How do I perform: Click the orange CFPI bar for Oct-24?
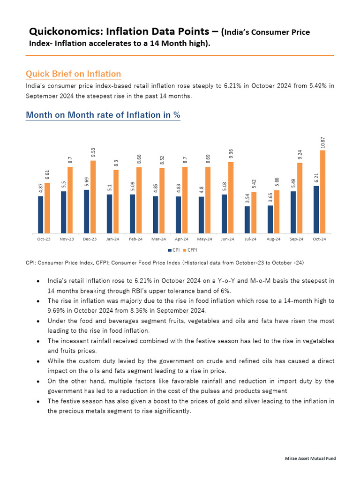tap(322, 192)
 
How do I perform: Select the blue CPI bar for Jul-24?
tap(247, 220)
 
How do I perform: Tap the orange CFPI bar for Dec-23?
tap(93, 197)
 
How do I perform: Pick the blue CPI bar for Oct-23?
tap(40, 215)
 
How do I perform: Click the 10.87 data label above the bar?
tap(322, 142)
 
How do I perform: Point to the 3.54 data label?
tap(247, 199)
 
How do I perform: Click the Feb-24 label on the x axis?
tap(135, 239)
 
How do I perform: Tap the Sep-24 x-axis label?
tap(296, 239)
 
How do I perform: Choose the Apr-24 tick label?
tap(181, 239)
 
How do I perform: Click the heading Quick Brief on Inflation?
tap(73, 74)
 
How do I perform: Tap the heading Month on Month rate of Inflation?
tap(103, 115)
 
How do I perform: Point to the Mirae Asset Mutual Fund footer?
tap(311, 458)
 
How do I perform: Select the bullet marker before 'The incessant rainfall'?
tap(37, 341)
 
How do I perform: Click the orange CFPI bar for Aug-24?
tap(277, 212)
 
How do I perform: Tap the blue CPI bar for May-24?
tap(201, 215)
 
